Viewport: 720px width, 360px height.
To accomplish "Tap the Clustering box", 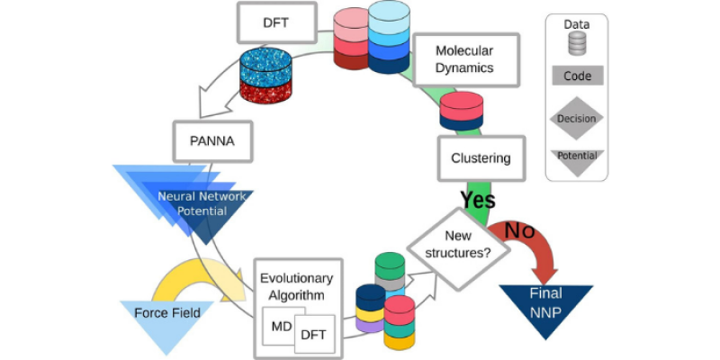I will [480, 158].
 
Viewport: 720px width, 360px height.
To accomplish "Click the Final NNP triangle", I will [548, 302].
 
